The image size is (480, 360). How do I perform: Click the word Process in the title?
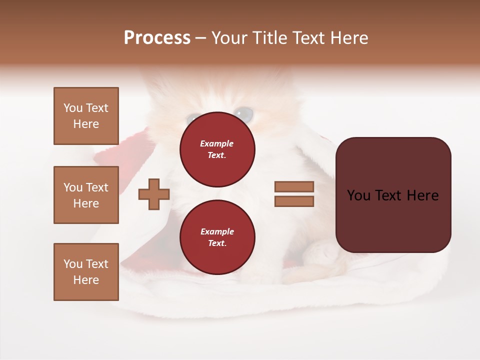click(x=157, y=38)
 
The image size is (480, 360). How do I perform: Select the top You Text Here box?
click(x=86, y=116)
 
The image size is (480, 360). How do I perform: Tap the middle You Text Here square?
click(x=86, y=195)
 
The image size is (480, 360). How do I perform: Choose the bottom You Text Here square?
click(x=86, y=272)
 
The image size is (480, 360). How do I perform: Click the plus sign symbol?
click(x=154, y=194)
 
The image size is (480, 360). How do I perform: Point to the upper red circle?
click(x=217, y=149)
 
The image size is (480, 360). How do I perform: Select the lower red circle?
click(x=217, y=237)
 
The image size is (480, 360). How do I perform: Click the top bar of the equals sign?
click(x=294, y=187)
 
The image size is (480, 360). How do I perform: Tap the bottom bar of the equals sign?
click(x=294, y=201)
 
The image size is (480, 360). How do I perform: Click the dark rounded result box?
click(x=393, y=195)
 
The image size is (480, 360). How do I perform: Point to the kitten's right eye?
click(x=244, y=113)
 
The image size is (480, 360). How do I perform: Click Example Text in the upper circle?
click(x=217, y=149)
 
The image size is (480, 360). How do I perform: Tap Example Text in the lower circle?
click(x=217, y=237)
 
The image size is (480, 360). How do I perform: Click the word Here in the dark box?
click(x=422, y=195)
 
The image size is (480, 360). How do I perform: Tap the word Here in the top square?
click(x=86, y=124)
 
